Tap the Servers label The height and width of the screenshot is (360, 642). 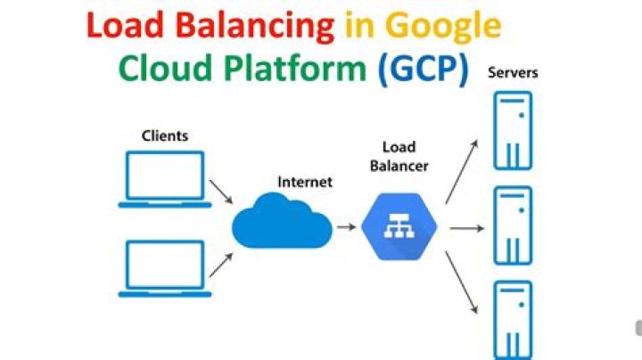click(x=514, y=72)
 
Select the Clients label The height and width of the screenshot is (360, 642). click(x=165, y=135)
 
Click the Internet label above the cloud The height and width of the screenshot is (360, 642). click(x=305, y=182)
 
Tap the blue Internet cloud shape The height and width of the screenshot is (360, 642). click(x=281, y=224)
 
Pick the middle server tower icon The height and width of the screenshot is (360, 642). click(x=513, y=225)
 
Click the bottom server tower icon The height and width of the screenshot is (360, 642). click(x=513, y=319)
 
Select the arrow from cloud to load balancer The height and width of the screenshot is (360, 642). click(x=347, y=226)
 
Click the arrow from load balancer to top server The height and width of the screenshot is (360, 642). click(x=460, y=170)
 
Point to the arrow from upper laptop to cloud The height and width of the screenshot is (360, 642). click(x=220, y=191)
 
